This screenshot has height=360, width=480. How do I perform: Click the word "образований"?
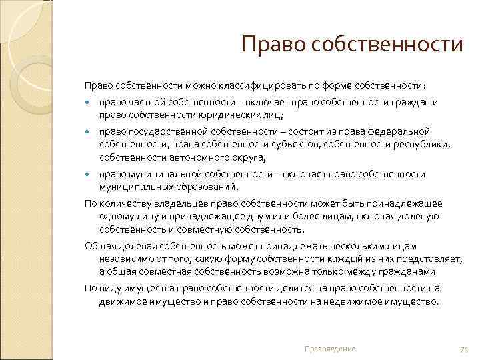[201, 187]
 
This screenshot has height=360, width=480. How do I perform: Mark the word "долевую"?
[420, 215]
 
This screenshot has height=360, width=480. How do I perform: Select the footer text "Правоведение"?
[329, 349]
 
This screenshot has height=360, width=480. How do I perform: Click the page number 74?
[465, 349]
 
